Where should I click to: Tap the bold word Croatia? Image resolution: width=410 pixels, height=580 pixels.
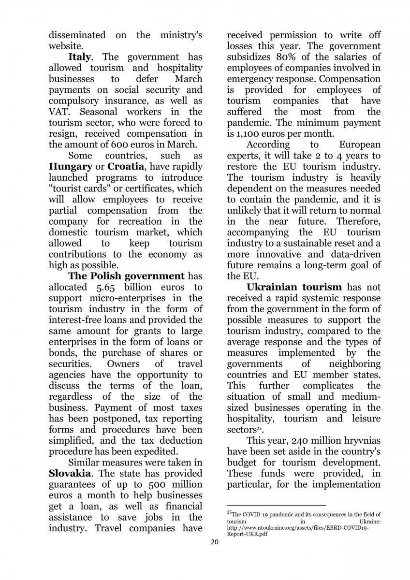click(126, 166)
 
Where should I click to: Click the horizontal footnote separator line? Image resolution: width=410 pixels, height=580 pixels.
click(277, 505)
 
